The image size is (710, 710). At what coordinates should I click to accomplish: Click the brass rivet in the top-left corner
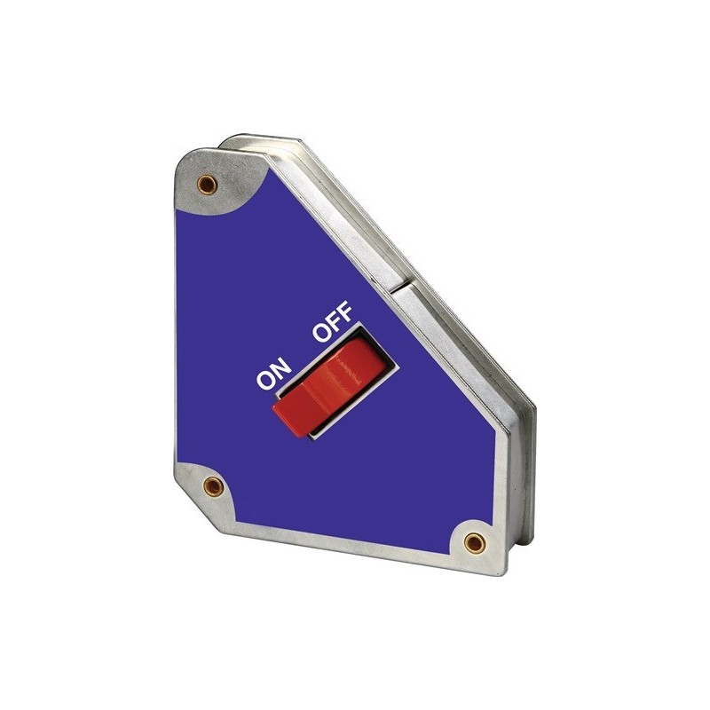[210, 184]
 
